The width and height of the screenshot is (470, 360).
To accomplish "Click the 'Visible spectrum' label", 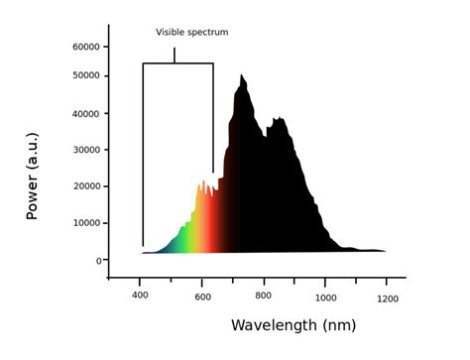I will [x=191, y=32].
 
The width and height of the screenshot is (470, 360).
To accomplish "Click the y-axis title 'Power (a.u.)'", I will [x=32, y=179].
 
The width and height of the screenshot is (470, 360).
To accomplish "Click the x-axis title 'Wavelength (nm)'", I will [x=293, y=324].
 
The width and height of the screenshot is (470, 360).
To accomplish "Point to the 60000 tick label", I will [x=85, y=47].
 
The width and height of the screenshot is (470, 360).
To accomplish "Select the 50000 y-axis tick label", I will [x=85, y=75].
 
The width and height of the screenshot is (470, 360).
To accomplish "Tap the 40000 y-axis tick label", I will [x=85, y=113].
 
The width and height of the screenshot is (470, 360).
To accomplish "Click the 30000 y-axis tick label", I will [x=85, y=150].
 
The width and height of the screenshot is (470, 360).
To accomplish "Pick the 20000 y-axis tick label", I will [x=85, y=186].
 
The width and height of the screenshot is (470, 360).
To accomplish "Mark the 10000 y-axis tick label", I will [x=85, y=223].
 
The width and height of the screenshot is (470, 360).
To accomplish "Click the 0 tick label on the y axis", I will [x=98, y=260].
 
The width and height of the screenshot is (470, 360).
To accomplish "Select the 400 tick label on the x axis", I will [x=140, y=297].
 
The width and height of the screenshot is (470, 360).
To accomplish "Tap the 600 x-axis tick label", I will [x=202, y=297].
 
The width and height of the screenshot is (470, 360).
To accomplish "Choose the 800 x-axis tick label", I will [x=264, y=297].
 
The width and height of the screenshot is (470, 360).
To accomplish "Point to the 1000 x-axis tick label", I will [x=326, y=297].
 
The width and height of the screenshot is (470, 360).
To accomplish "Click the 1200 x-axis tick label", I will [x=388, y=297].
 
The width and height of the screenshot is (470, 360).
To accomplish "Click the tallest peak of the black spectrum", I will [x=242, y=76].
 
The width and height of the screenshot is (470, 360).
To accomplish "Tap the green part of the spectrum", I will [x=180, y=238].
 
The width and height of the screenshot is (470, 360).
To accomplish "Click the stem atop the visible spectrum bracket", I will [x=175, y=56].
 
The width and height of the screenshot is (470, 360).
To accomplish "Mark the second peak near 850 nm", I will [x=281, y=120].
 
